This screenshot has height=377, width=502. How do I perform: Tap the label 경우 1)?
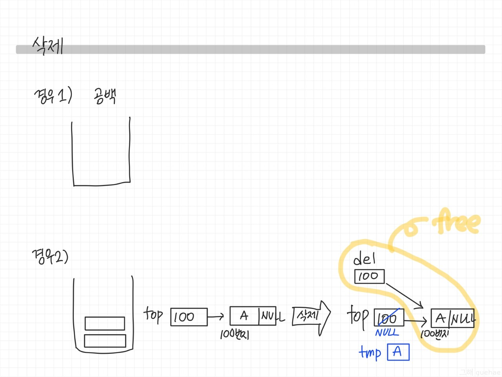pyautogui.click(x=53, y=95)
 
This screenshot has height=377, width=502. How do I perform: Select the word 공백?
pyautogui.click(x=105, y=96)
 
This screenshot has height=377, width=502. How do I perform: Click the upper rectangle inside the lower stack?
pyautogui.click(x=105, y=323)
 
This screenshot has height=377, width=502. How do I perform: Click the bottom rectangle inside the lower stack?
pyautogui.click(x=105, y=340)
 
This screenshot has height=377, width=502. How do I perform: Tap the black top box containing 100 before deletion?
pyautogui.click(x=189, y=317)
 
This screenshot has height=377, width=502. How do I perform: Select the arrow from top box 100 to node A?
pyautogui.click(x=215, y=316)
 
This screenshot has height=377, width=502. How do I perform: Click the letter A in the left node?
pyautogui.click(x=244, y=316)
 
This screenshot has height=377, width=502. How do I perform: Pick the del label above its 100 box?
pyautogui.click(x=364, y=259)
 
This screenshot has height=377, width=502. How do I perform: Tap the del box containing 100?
pyautogui.click(x=369, y=276)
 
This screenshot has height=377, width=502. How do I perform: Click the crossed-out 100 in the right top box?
pyautogui.click(x=388, y=318)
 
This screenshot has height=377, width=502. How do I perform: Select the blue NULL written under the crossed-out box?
pyautogui.click(x=387, y=333)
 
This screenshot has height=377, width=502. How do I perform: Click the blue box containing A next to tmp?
pyautogui.click(x=398, y=352)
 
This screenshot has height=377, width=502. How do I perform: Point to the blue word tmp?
pyautogui.click(x=370, y=352)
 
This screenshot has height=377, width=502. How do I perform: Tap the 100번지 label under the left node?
pyautogui.click(x=235, y=334)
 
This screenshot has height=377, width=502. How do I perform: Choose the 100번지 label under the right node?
pyautogui.click(x=435, y=334)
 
